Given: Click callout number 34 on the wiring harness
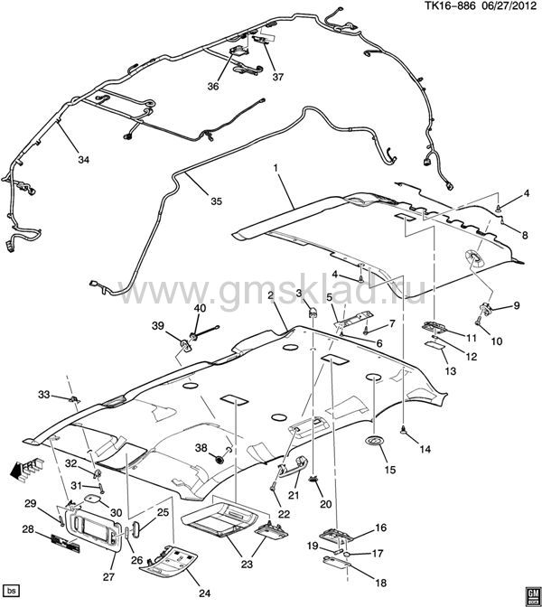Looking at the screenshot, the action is pyautogui.click(x=84, y=160).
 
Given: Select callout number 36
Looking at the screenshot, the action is pyautogui.click(x=213, y=87).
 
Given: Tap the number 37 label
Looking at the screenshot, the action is pyautogui.click(x=278, y=77).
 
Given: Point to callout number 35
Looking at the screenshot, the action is pyautogui.click(x=217, y=201).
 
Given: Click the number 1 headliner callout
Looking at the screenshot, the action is pyautogui.click(x=276, y=168).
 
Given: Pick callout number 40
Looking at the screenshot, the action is pyautogui.click(x=201, y=308).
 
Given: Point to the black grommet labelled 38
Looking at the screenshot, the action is pyautogui.click(x=220, y=460).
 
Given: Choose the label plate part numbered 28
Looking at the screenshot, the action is pyautogui.click(x=65, y=543).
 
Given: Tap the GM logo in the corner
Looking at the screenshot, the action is pyautogui.click(x=533, y=594).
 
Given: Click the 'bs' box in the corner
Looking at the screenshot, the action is pyautogui.click(x=11, y=591).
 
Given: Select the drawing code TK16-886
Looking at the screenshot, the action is pyautogui.click(x=450, y=6).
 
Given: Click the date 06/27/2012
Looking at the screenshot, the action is pyautogui.click(x=510, y=6).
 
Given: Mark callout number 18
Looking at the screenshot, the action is pyautogui.click(x=381, y=583).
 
